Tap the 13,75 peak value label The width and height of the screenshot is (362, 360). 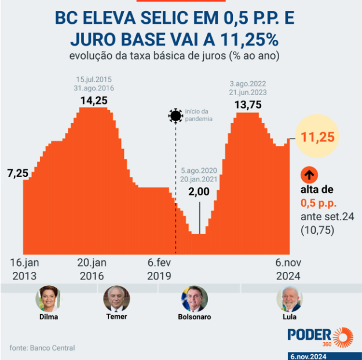click(x=247, y=105)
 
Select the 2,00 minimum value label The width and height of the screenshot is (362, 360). click(x=199, y=191)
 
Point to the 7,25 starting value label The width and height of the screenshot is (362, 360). click(x=17, y=173)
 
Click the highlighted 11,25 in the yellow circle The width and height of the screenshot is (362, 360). click(x=316, y=137)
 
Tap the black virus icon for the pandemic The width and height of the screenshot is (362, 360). click(x=175, y=115)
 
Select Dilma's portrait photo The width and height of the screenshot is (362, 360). click(x=48, y=299)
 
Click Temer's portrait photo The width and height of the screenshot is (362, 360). click(x=116, y=299)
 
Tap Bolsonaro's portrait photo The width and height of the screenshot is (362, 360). click(x=195, y=299)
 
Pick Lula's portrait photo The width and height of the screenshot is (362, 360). click(x=289, y=299)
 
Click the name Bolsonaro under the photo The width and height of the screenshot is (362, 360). click(x=195, y=317)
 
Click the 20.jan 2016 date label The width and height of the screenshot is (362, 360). click(x=92, y=268)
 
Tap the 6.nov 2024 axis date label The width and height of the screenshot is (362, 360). click(x=290, y=268)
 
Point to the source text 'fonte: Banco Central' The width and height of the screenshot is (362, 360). click(x=42, y=348)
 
